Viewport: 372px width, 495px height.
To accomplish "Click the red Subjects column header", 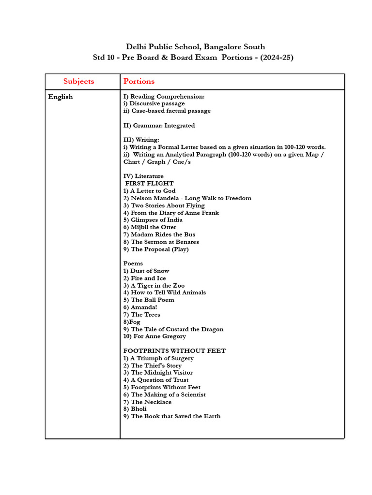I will [x=78, y=81].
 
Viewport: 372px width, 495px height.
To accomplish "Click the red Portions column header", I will [x=139, y=81].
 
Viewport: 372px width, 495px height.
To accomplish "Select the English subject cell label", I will [x=61, y=97].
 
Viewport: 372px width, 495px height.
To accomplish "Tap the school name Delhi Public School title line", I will [x=195, y=47].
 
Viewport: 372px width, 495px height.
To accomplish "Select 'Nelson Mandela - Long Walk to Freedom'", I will [x=187, y=198].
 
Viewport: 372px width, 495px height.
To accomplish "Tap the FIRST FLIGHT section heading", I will [x=149, y=184].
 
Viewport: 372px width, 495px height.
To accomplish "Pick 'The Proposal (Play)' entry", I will [x=156, y=249].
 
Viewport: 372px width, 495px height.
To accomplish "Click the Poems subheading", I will [x=133, y=263].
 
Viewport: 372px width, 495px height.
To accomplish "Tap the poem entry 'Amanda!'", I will [x=140, y=307].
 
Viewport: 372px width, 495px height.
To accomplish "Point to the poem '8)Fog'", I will [x=132, y=322].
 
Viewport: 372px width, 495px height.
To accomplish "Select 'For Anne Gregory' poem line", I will [x=155, y=336].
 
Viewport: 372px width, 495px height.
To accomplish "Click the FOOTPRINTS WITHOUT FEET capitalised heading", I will [x=174, y=351].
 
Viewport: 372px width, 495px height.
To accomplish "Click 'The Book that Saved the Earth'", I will [x=171, y=416].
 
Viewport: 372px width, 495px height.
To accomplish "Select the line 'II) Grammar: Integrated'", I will [x=159, y=126].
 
